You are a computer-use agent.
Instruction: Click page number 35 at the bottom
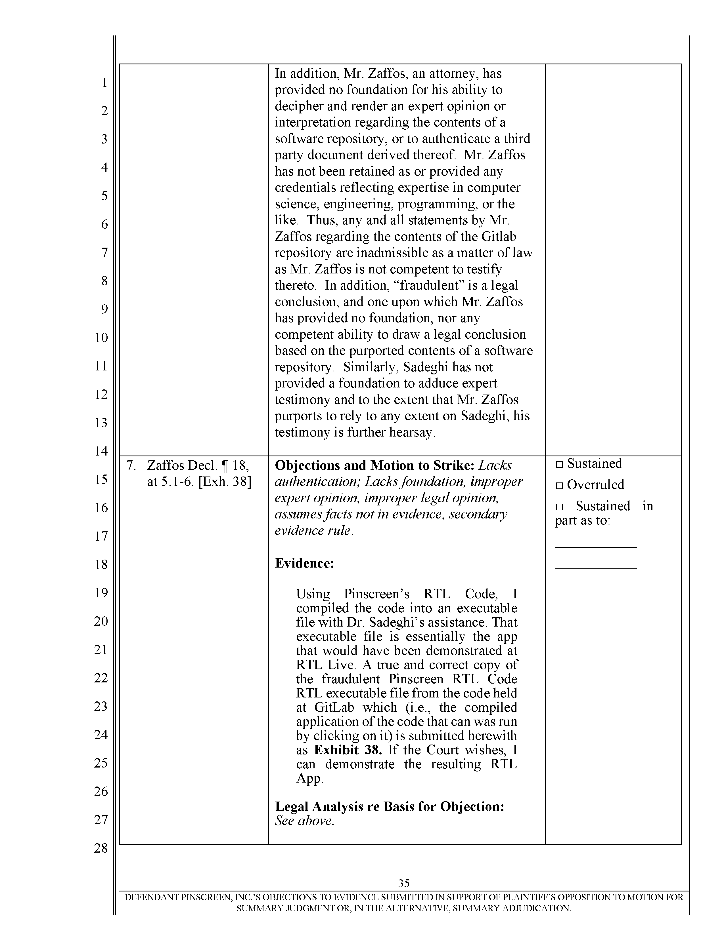[404, 883]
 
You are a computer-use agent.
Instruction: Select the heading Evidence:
[304, 563]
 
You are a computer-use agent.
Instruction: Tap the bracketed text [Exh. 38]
[225, 482]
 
